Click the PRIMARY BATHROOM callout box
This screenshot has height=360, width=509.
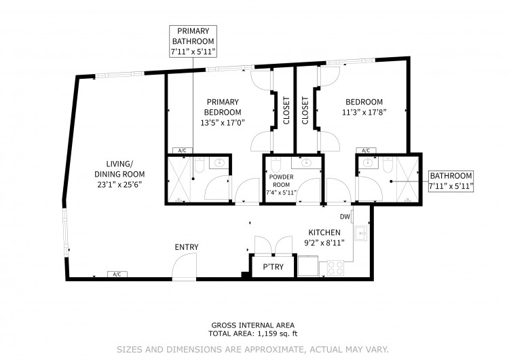pos(193,41)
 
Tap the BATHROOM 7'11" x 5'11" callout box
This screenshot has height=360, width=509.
pos(451,181)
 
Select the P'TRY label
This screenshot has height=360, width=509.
pos(273,267)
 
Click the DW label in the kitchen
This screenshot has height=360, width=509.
pos(345,217)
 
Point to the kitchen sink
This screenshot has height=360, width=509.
pos(360,233)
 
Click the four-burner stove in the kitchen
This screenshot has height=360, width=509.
pos(335,268)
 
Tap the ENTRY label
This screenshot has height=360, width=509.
pos(187,247)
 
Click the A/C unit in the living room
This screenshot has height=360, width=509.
pos(117,274)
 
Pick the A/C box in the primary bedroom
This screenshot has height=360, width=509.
pos(182,150)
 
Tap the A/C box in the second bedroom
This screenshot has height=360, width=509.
pos(366,150)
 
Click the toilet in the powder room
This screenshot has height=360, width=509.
pos(275,165)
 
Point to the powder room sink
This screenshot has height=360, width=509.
pos(305,163)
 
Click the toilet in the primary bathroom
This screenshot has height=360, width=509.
pos(200,165)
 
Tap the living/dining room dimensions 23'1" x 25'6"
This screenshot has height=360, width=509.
pos(119,185)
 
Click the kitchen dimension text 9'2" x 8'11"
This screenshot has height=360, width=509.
pos(324,242)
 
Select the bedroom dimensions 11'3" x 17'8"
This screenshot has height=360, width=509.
pos(364,113)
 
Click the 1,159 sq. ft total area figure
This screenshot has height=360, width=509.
pos(278,334)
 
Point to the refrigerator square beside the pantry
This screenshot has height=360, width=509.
pos(308,266)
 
